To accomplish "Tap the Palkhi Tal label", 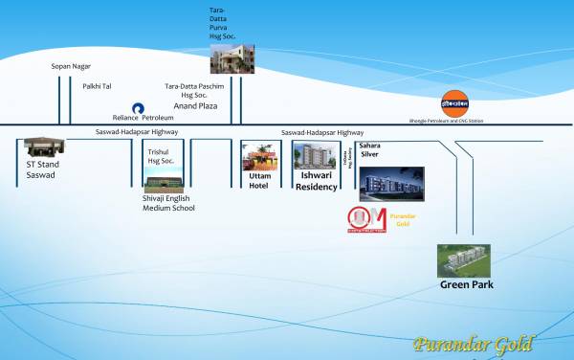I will pos(97,86).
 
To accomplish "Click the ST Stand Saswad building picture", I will pos(43,146).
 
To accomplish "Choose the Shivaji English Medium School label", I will pos(168,202).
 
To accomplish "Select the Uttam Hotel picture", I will pos(260,158).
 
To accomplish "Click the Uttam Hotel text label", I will pos(260,182).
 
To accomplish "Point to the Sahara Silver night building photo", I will pos(385,181).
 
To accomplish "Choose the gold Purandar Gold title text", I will pos(474,345).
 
